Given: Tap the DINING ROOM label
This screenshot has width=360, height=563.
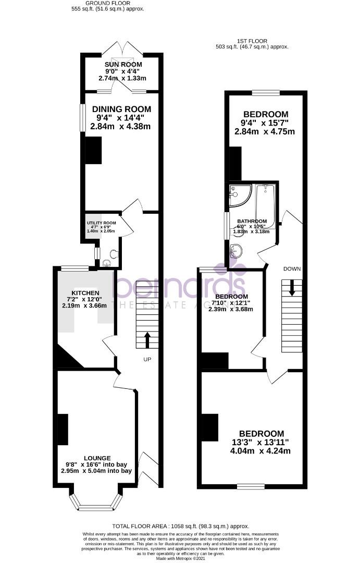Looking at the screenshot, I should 121,109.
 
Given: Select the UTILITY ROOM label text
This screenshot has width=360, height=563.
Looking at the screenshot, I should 102,223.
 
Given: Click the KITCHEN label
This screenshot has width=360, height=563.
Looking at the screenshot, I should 85,292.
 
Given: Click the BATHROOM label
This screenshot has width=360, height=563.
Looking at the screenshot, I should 252,221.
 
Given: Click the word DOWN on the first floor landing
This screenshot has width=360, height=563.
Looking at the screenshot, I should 291,268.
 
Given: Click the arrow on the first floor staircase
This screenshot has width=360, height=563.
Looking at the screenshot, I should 291,287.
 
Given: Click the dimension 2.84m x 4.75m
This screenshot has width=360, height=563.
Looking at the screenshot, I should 265,131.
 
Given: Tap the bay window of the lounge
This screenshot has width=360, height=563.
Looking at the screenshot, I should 96,503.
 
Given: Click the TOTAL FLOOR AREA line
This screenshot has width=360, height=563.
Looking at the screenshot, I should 181,526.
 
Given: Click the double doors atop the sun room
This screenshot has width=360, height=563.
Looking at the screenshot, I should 122,48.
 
